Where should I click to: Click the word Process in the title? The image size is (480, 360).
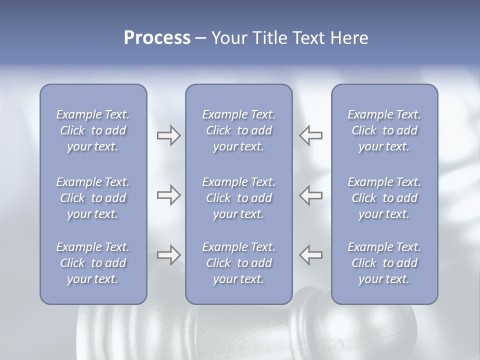pos(157,38)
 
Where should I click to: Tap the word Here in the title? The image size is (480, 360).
pos(349,38)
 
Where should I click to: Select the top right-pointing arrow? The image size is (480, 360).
pos(168,135)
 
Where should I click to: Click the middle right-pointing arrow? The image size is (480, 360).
pos(168,195)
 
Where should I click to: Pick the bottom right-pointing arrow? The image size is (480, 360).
pos(168,255)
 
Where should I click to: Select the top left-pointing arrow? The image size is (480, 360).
pos(311,135)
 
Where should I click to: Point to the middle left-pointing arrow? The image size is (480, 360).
pos(311,195)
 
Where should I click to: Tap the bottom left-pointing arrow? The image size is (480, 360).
pos(311,255)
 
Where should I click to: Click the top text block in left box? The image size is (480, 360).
pos(93,130)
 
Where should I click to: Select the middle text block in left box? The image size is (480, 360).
pos(93,198)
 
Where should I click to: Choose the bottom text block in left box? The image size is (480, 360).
pos(93,263)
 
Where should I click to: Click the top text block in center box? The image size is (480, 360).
pos(238,130)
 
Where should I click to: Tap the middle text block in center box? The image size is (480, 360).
pos(238,198)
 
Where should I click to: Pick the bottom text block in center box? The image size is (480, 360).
pos(238,263)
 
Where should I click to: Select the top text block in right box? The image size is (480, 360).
pos(384,130)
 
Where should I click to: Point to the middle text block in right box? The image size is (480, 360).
pos(384,198)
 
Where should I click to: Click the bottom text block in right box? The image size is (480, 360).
pos(384,263)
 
